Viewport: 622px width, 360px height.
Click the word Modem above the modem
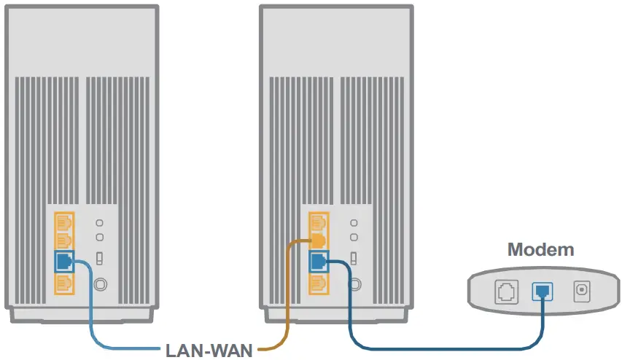[540, 250]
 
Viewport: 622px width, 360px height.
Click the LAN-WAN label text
[209, 351]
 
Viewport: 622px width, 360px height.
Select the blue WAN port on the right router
[318, 261]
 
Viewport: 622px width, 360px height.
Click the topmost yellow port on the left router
[63, 221]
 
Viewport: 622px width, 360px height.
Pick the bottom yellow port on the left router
[63, 281]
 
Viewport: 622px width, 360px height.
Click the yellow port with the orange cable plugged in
[318, 240]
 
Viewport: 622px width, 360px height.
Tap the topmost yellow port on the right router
[318, 221]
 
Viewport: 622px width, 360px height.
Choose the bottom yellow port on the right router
[318, 281]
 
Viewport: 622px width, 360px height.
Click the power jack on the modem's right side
[581, 291]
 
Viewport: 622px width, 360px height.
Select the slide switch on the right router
[354, 258]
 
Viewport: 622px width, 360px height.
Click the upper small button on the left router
[100, 222]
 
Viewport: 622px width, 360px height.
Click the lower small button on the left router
[100, 237]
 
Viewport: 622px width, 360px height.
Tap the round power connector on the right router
[354, 283]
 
